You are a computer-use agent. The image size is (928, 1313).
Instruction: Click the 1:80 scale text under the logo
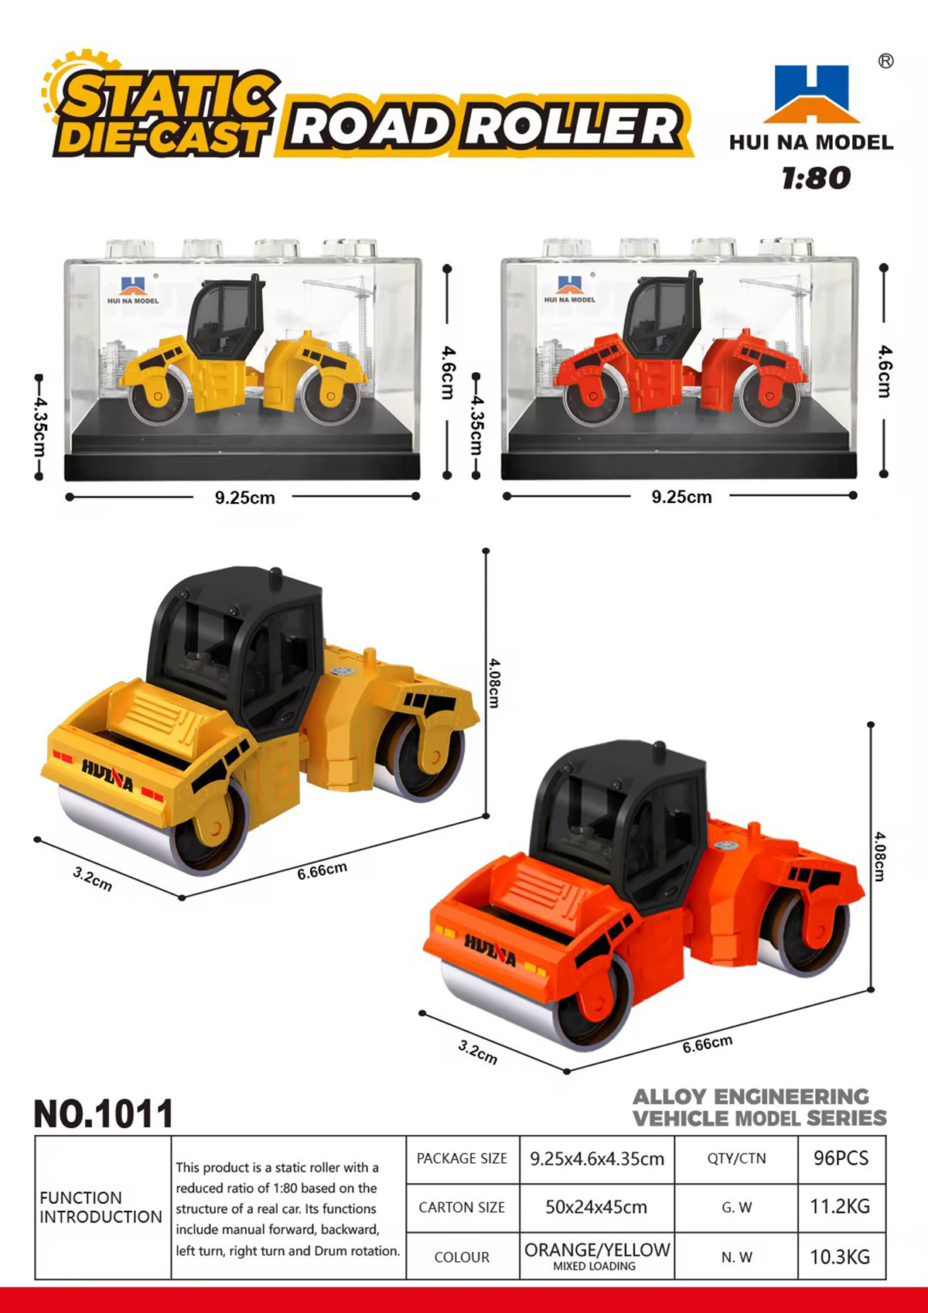point(816,178)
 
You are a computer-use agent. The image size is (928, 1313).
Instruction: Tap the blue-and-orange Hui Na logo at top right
point(811,94)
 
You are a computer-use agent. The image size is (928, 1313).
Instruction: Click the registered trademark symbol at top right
point(885,61)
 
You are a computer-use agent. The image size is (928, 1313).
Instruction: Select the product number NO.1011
point(104,1113)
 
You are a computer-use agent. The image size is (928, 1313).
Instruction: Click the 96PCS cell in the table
point(841,1157)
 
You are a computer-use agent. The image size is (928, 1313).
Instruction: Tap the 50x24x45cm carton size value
point(596,1207)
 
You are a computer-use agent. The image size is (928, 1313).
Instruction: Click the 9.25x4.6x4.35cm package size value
point(597,1158)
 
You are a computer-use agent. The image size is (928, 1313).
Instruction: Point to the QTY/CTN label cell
point(736,1158)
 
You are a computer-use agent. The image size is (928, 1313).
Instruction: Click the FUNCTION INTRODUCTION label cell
point(101,1207)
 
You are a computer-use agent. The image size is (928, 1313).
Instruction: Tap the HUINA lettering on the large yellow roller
point(107,774)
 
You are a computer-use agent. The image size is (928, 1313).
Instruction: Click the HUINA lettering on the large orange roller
point(490,951)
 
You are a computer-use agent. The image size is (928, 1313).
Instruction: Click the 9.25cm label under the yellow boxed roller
point(244,498)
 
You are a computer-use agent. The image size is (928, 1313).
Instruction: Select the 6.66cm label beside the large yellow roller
point(322,871)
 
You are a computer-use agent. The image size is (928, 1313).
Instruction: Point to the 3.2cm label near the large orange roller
point(477,1052)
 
